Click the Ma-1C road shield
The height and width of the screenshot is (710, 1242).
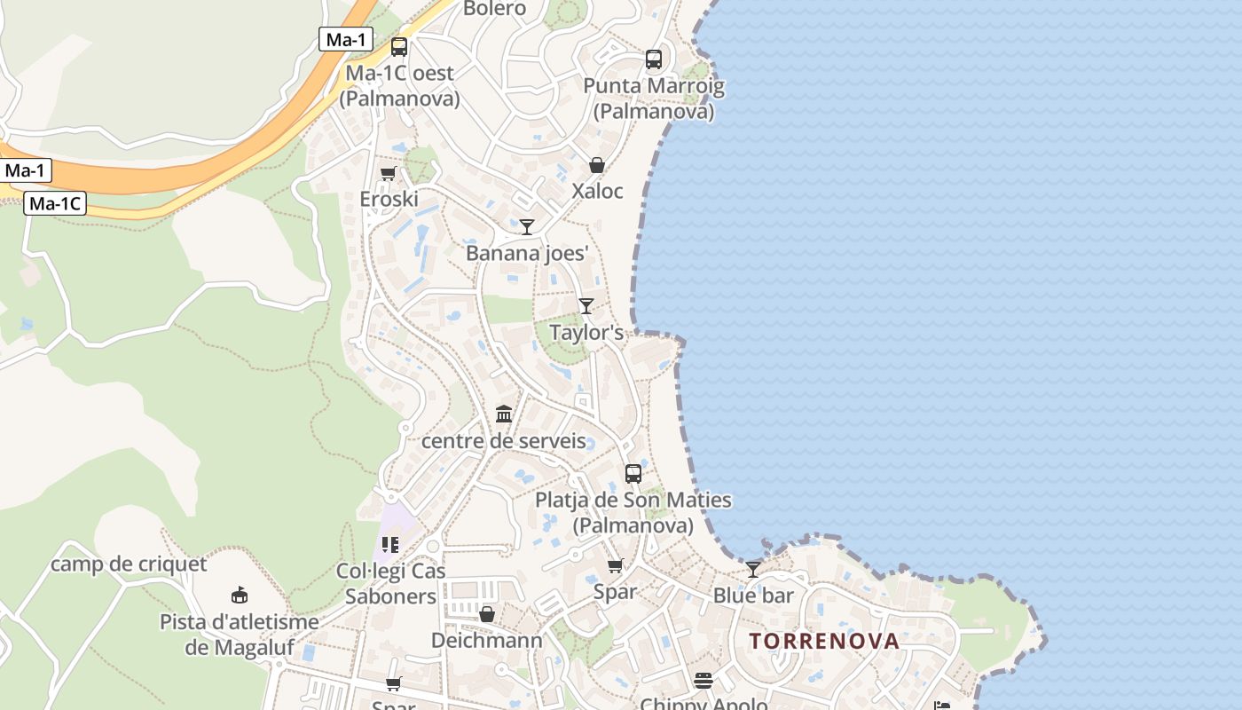pyautogui.click(x=54, y=203)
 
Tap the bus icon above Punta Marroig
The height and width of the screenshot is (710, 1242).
pyautogui.click(x=654, y=59)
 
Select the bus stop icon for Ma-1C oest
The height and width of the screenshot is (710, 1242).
pyautogui.click(x=399, y=47)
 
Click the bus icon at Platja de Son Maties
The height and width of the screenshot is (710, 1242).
pyautogui.click(x=633, y=474)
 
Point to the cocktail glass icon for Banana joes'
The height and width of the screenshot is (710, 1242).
pyautogui.click(x=527, y=227)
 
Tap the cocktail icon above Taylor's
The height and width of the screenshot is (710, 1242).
pyautogui.click(x=586, y=306)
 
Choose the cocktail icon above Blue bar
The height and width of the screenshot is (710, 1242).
pyautogui.click(x=753, y=569)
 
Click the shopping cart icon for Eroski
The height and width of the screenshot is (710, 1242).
pyautogui.click(x=388, y=173)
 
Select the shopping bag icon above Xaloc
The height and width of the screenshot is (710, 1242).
pyautogui.click(x=597, y=165)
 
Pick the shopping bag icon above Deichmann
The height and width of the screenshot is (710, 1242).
pyautogui.click(x=487, y=614)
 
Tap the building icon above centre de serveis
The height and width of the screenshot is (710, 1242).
pyautogui.click(x=504, y=414)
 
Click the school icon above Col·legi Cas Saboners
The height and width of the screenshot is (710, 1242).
pyautogui.click(x=390, y=544)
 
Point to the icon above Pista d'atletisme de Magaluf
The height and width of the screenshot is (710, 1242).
pyautogui.click(x=239, y=595)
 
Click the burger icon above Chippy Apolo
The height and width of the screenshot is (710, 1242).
pyautogui.click(x=704, y=681)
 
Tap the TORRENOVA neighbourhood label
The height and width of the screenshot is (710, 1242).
pyautogui.click(x=824, y=641)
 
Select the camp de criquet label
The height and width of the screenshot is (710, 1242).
pyautogui.click(x=129, y=564)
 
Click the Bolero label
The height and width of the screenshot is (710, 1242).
pyautogui.click(x=495, y=9)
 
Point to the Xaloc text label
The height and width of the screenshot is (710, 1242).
pyautogui.click(x=597, y=191)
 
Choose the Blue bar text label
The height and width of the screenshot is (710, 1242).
pyautogui.click(x=753, y=596)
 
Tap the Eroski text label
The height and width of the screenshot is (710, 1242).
pyautogui.click(x=389, y=199)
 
